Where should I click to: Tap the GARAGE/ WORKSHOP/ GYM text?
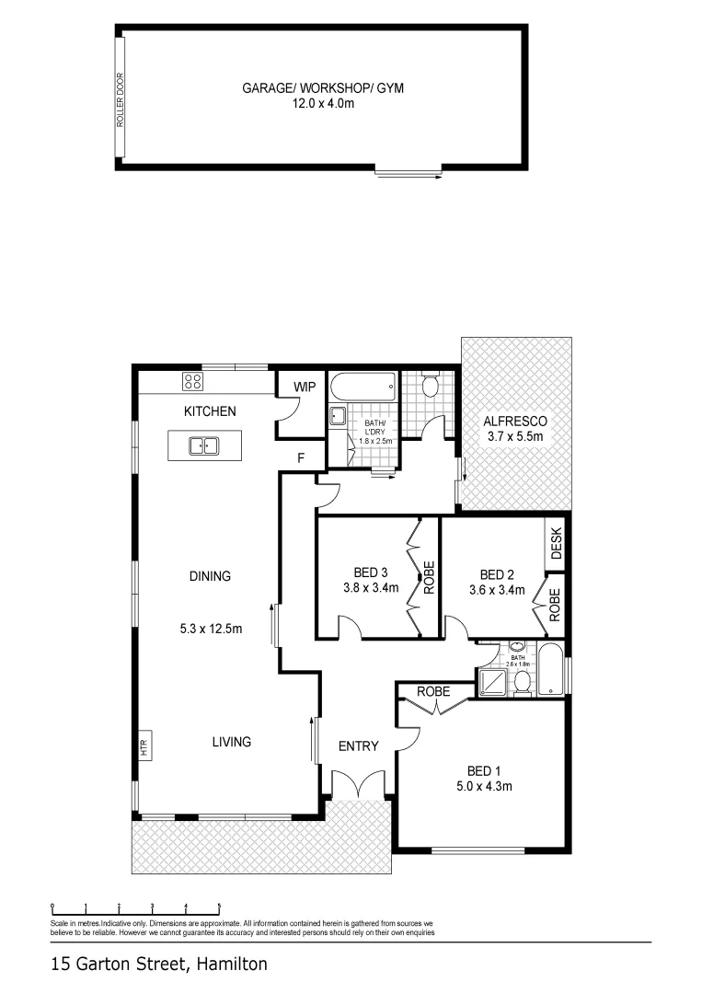tap(323, 88)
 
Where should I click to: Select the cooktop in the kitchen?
tap(192, 382)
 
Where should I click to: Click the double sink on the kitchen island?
tap(203, 446)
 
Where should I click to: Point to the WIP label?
tap(305, 387)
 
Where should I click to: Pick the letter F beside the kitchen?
tap(300, 457)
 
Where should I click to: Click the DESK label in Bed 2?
tap(556, 543)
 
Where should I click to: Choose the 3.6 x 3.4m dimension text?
tap(496, 590)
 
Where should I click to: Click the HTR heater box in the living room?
tap(144, 746)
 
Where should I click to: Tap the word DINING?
tap(210, 576)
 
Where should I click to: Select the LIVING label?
tap(231, 741)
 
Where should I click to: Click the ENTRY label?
tap(358, 746)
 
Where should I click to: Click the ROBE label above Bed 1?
tap(433, 690)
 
